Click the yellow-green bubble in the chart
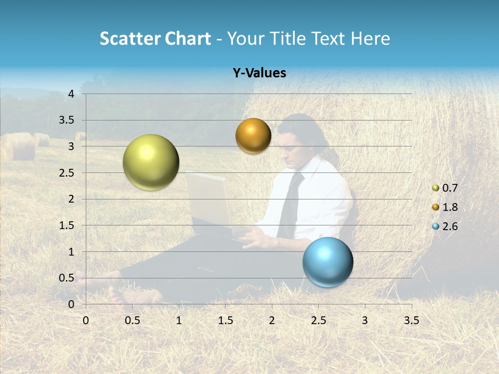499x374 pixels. pos(151,162)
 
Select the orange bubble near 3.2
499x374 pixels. pos(253,136)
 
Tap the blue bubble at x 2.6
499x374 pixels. pos(327,261)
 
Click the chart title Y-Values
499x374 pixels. pos(259,73)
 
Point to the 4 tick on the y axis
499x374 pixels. pos(71,94)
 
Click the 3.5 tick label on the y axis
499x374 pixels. pos(67,121)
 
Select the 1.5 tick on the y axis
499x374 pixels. pos(67,225)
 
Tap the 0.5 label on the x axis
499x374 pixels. pos(133,320)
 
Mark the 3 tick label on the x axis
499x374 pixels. pos(364,320)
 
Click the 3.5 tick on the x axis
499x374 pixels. pos(411,320)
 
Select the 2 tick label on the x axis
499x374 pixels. pos(272,320)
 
